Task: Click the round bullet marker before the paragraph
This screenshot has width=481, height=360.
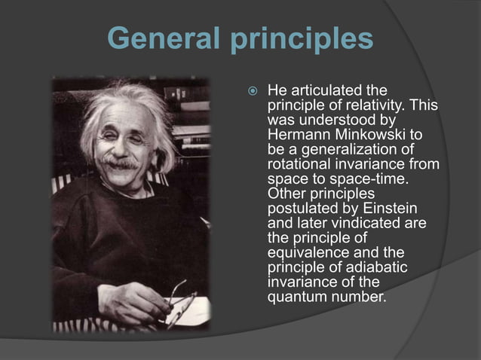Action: coord(253,93)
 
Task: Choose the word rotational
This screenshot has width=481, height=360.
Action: coord(301,163)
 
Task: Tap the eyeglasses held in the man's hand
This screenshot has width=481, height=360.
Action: coord(176,297)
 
